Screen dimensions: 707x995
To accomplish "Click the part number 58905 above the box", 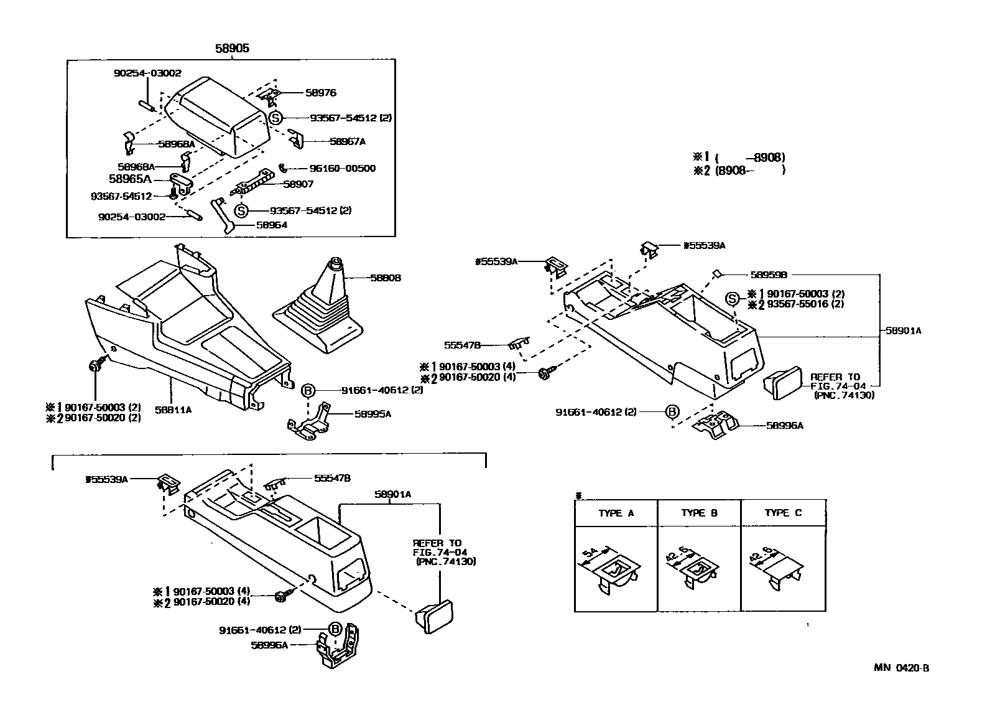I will pyautogui.click(x=232, y=48).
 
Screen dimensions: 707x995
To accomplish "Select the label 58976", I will pyautogui.click(x=321, y=93).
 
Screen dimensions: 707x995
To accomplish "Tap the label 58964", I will pyautogui.click(x=272, y=225).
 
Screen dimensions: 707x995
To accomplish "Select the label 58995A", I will pyautogui.click(x=373, y=413).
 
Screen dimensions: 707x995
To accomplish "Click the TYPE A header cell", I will pyautogui.click(x=616, y=513).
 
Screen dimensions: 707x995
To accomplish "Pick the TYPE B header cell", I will pyautogui.click(x=699, y=513).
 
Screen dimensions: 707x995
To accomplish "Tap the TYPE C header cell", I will pyautogui.click(x=783, y=513).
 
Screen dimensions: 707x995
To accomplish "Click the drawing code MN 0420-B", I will pyautogui.click(x=901, y=668).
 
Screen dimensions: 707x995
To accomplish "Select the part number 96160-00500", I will pyautogui.click(x=342, y=168).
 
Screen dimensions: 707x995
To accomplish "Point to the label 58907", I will pyautogui.click(x=298, y=184).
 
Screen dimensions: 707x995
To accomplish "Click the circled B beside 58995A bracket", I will pyautogui.click(x=308, y=391).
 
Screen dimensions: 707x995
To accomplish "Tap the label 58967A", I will pyautogui.click(x=347, y=142).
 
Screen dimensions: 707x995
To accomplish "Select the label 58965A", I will pyautogui.click(x=130, y=179).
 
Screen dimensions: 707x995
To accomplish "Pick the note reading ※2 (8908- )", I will pyautogui.click(x=739, y=170).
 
